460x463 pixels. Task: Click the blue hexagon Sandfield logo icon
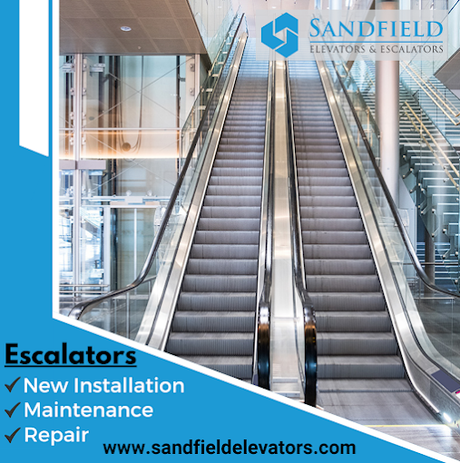tap(279, 35)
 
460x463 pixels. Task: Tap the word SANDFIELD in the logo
tap(376, 29)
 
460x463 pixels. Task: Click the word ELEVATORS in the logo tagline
tap(338, 49)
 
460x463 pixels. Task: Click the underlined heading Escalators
tap(71, 355)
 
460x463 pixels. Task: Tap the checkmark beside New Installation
tap(13, 385)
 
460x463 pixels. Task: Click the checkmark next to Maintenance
tap(13, 409)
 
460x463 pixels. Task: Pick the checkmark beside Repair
tap(13, 435)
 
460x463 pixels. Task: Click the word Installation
tap(129, 385)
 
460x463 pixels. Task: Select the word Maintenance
tap(89, 410)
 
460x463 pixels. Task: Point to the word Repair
tap(56, 436)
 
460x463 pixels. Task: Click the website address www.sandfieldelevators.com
tap(230, 448)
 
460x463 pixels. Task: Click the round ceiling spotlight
tap(126, 29)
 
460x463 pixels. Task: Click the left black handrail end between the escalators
tap(264, 345)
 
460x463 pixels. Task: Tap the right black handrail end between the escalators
tap(310, 354)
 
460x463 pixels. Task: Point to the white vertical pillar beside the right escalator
tap(387, 127)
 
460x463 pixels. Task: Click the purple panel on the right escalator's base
tap(445, 381)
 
